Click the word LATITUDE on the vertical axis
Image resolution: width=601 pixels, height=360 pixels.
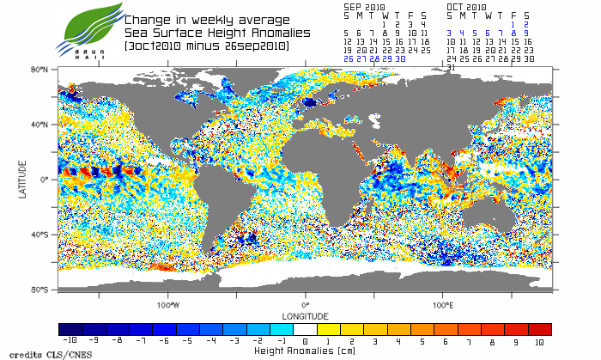(x=22, y=179)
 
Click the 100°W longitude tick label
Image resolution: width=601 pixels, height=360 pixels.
(x=168, y=305)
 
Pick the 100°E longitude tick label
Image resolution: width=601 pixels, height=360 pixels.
(x=442, y=305)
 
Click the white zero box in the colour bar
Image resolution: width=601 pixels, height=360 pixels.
(x=306, y=329)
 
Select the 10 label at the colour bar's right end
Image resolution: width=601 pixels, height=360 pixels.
(x=539, y=341)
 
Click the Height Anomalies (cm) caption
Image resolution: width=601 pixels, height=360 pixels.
(x=305, y=351)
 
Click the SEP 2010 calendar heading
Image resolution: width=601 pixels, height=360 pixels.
(x=363, y=6)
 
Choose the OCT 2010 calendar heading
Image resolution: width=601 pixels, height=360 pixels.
(x=466, y=6)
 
